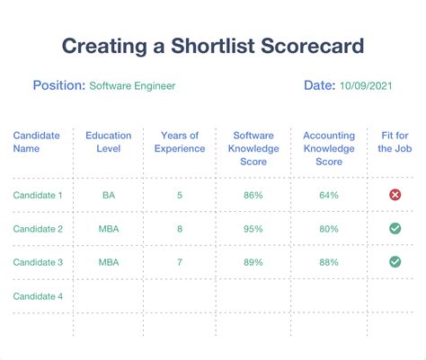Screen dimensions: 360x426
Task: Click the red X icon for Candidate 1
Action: pos(395,195)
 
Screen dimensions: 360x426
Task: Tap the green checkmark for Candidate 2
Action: pos(395,229)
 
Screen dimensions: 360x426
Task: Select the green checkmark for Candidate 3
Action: pos(395,262)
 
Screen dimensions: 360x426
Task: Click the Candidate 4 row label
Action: pos(36,295)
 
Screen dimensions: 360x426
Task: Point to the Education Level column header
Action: pos(109,142)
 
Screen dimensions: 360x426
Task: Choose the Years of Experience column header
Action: pos(180,142)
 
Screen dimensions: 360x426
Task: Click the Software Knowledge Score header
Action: pos(253,148)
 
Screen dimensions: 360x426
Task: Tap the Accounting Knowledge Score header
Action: pos(329,148)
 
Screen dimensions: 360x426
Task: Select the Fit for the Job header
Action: pos(394,142)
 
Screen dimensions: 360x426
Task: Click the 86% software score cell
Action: pos(253,195)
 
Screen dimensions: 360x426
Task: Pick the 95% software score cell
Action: pos(253,229)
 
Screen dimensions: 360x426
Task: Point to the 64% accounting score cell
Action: pos(329,195)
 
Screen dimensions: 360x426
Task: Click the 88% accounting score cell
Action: pos(329,262)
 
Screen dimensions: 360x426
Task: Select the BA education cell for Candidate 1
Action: pos(109,195)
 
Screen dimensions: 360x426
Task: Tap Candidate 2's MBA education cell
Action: pos(109,229)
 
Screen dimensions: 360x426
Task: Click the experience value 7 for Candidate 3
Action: pos(180,262)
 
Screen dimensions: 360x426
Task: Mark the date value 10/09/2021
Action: pos(366,86)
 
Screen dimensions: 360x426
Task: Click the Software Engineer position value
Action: pos(132,86)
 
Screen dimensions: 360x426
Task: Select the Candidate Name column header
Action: pos(36,142)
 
